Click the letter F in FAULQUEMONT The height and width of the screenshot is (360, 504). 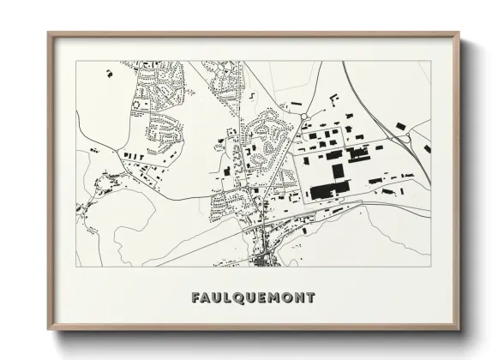(x=197, y=298)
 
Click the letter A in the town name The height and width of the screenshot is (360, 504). (x=208, y=298)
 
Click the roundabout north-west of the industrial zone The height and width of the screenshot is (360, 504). (x=303, y=117)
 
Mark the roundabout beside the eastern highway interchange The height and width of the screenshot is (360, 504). (x=401, y=128)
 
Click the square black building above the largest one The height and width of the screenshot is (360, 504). (x=338, y=171)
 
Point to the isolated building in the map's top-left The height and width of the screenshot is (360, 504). (x=110, y=74)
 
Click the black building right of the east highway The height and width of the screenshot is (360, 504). (x=427, y=148)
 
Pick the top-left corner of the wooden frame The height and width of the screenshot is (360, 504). (x=48, y=33)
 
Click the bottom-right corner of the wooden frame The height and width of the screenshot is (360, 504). (x=459, y=331)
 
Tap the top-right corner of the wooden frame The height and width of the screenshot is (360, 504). (x=459, y=33)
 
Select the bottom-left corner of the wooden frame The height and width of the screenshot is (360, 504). (x=48, y=331)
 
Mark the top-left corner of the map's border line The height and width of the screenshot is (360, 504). (x=76, y=61)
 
